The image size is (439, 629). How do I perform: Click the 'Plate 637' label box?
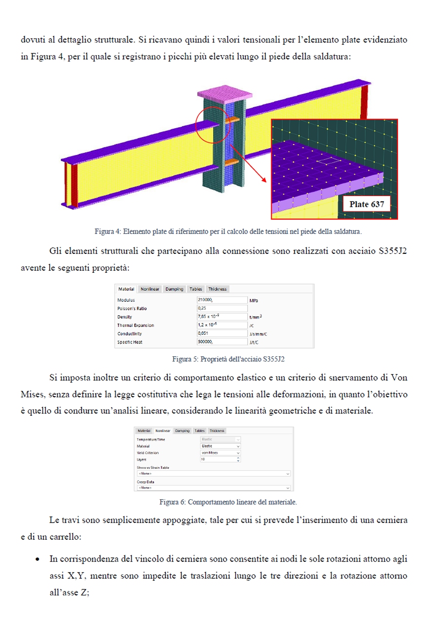pos(366,204)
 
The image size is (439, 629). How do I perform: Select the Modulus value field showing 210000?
pos(222,300)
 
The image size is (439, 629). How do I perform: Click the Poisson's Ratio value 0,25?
pos(222,308)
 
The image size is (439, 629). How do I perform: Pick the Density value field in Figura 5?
pos(222,317)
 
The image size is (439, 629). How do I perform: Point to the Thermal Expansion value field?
pos(222,325)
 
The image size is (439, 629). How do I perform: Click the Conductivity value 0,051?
pos(222,333)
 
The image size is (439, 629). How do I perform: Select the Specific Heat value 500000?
pos(222,342)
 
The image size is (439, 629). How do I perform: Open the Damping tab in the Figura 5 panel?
pos(174,289)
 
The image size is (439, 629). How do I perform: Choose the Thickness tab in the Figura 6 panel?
pos(217,431)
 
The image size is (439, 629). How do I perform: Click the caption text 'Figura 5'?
pos(183,360)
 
